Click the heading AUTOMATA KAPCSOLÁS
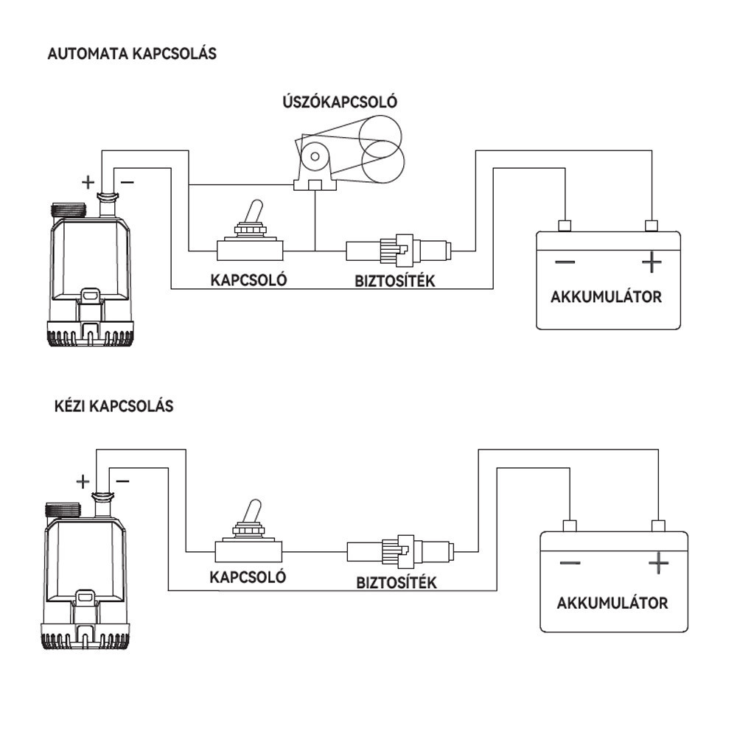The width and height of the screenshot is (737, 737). [x=132, y=54]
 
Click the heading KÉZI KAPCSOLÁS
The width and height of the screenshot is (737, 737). [x=114, y=406]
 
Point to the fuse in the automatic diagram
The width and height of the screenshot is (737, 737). [x=398, y=250]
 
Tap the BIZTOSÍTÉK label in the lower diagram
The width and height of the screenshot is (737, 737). [x=397, y=583]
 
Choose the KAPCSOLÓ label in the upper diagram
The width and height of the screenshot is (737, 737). [x=248, y=280]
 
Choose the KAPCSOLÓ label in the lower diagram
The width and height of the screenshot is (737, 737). [x=248, y=577]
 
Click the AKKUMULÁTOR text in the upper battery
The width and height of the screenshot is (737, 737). [x=606, y=297]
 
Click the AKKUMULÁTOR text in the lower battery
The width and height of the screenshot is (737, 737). [x=612, y=603]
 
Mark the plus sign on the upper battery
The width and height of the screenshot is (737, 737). [x=652, y=262]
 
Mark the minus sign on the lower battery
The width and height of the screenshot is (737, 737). [x=570, y=564]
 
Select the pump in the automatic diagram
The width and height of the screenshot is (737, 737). [x=90, y=273]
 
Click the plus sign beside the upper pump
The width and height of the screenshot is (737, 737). [x=88, y=181]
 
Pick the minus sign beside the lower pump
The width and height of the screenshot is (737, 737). [x=122, y=481]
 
